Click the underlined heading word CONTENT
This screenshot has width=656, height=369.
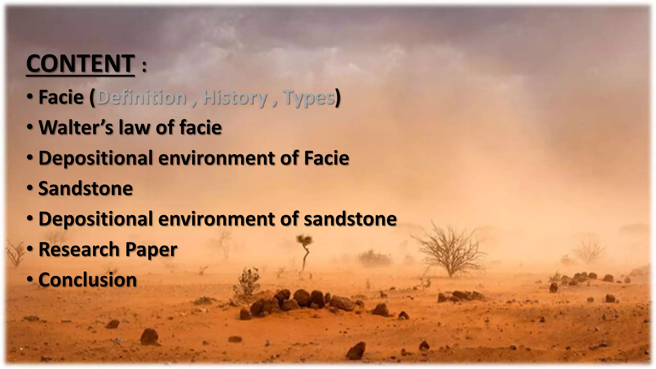click(80, 64)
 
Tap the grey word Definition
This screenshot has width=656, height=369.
click(142, 97)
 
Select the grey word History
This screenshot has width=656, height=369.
click(234, 98)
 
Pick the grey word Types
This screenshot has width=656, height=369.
click(309, 98)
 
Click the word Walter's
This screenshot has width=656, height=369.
click(76, 127)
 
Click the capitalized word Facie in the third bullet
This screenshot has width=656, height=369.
click(326, 158)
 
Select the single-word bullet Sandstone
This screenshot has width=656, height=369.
click(86, 188)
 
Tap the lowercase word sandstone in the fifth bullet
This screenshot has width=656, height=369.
click(350, 219)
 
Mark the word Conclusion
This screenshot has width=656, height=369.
click(87, 280)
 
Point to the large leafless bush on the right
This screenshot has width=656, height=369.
click(450, 250)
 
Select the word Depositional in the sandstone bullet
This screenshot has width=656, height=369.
click(96, 219)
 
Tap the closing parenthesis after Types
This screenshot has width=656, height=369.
click(338, 98)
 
